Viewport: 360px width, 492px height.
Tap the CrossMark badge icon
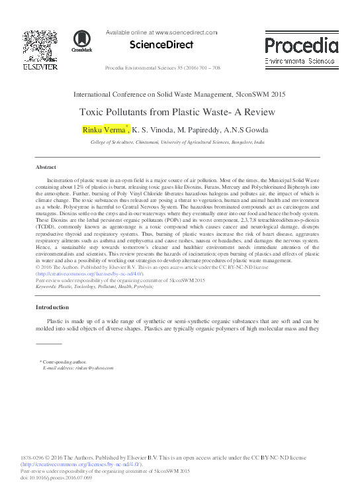tap(82, 40)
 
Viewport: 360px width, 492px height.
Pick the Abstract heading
tap(46, 167)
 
